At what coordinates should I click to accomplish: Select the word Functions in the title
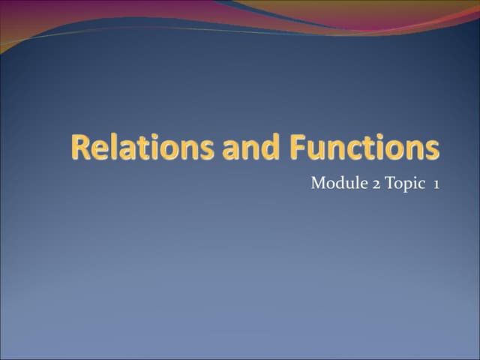360,148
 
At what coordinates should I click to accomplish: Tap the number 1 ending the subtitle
436,184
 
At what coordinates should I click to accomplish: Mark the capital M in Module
318,184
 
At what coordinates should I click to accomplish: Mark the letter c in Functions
349,149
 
